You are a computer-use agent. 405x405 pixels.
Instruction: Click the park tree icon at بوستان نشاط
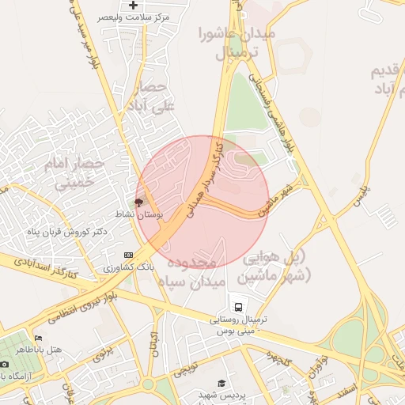point(140,202)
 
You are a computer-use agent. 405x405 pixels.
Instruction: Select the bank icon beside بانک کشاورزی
point(128,255)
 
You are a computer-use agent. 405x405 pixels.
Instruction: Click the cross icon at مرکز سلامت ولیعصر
point(144,6)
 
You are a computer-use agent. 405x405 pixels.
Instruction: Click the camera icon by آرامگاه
point(5,364)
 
